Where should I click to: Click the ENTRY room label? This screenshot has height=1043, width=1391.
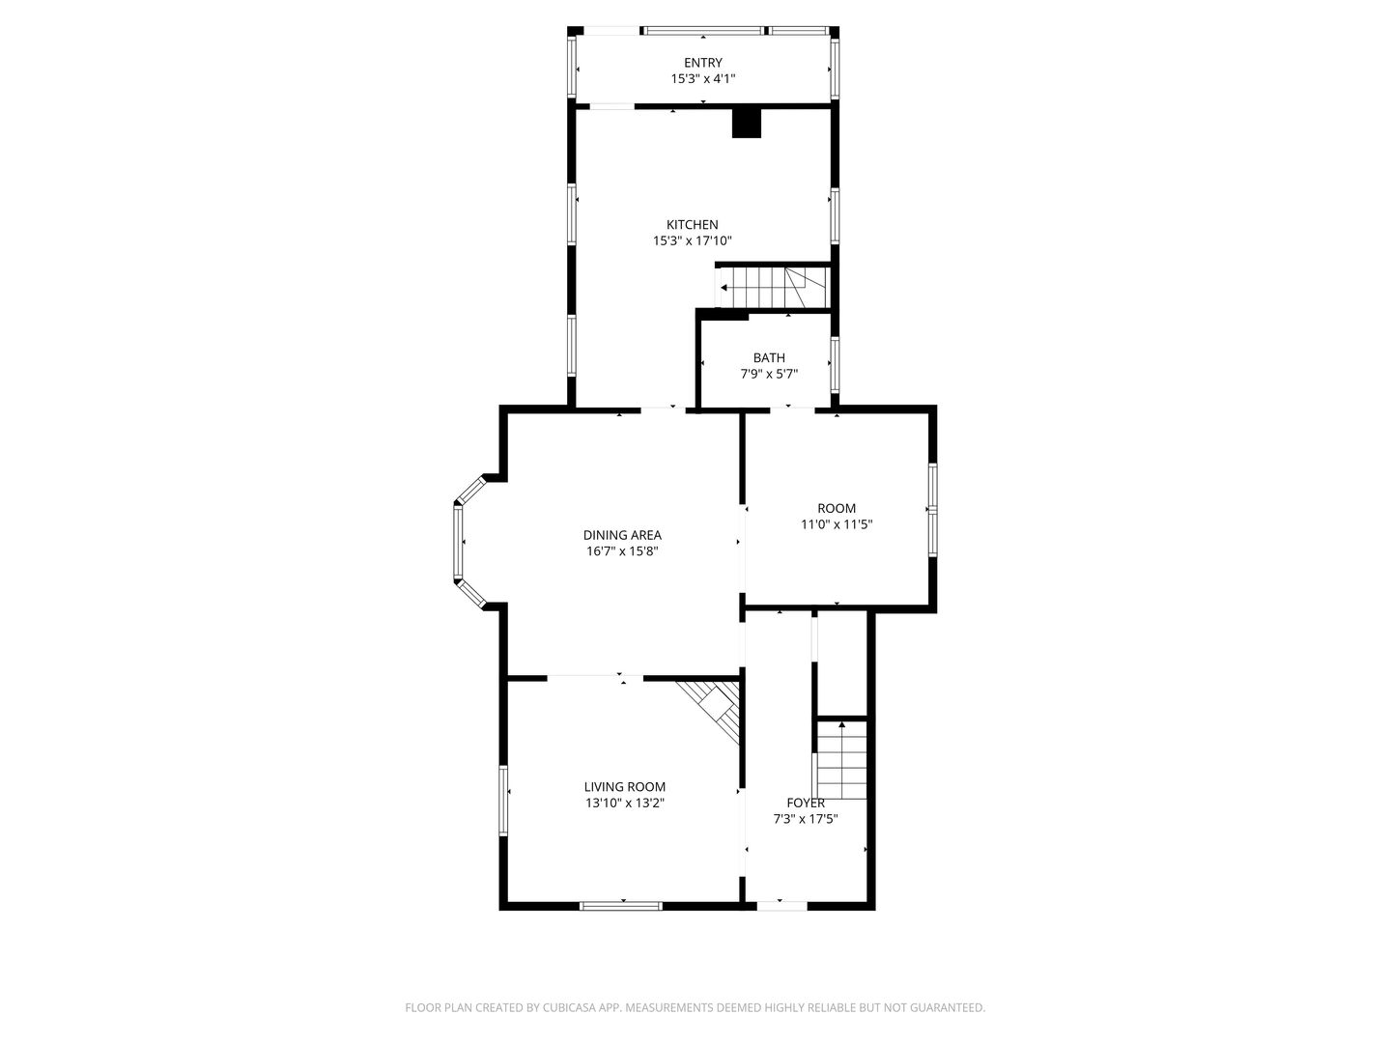coord(702,63)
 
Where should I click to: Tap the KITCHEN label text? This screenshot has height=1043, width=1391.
coord(692,224)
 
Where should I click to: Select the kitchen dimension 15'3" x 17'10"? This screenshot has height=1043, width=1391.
coord(692,241)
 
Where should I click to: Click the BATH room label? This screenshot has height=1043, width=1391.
coord(769,357)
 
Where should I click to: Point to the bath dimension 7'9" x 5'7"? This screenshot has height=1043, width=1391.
coord(769,374)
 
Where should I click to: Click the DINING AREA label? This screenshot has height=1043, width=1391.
coord(622,535)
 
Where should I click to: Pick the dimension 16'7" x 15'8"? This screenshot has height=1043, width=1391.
coord(622,551)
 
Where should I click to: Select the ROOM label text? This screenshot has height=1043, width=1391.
coord(837,508)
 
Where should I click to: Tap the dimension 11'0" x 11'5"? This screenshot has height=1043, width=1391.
coord(837,525)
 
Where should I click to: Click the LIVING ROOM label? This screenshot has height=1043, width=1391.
coord(624,787)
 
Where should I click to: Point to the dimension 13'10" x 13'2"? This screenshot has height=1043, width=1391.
coord(624,803)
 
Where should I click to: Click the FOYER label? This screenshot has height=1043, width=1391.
coord(806,803)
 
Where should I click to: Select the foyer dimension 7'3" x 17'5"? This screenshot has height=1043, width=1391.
coord(806,819)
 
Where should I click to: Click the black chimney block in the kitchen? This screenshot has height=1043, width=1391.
coord(747,123)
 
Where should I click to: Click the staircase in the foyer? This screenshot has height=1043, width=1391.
coord(841,761)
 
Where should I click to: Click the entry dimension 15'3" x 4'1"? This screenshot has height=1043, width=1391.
coord(702,79)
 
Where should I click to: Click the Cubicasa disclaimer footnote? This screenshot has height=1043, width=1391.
coord(695,1007)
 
